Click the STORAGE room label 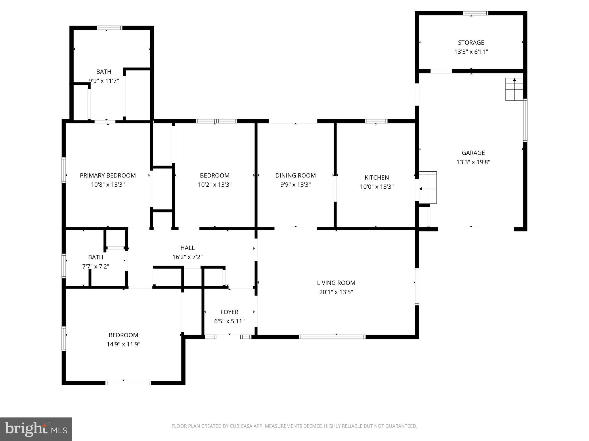(471, 42)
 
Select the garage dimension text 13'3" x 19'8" (473, 162)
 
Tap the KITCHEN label (376, 177)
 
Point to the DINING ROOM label (295, 175)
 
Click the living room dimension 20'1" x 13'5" (336, 292)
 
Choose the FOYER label (229, 312)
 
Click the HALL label (187, 248)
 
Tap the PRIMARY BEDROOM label (108, 175)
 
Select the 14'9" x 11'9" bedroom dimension (123, 344)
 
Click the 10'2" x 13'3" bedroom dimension (215, 185)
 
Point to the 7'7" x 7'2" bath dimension (95, 266)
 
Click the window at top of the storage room (475, 13)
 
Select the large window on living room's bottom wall (332, 337)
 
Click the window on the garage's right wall (525, 120)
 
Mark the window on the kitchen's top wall (376, 121)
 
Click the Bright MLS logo (36, 429)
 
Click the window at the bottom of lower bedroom (128, 383)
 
